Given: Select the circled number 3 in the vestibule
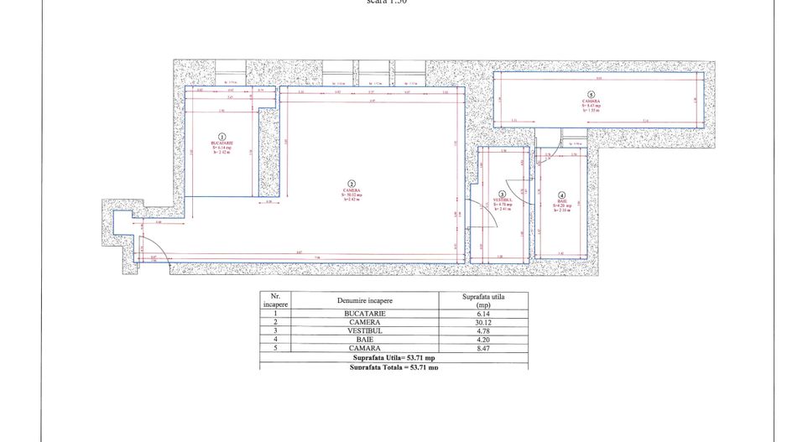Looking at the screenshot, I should [x=502, y=193].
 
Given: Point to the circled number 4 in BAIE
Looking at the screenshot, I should [x=562, y=195].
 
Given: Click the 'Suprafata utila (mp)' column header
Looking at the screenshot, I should [x=481, y=300].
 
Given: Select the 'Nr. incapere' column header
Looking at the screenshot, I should [x=274, y=300].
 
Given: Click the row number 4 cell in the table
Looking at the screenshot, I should [x=274, y=339].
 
